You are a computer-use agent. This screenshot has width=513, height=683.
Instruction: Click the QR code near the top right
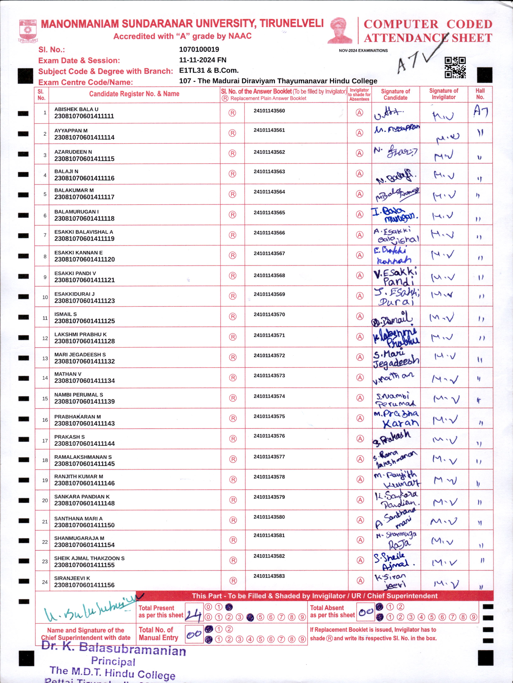[455, 68]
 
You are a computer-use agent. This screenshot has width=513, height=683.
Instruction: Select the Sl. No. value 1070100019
[199, 49]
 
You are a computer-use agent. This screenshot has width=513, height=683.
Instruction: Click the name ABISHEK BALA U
[76, 109]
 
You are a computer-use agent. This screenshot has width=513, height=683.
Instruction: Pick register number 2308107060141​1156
[84, 585]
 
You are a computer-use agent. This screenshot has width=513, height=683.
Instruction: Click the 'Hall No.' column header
[480, 94]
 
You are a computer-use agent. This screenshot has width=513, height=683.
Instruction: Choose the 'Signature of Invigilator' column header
[443, 94]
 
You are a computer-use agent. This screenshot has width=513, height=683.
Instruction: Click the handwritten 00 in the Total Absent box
[366, 612]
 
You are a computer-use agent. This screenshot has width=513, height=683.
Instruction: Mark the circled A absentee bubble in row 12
[360, 337]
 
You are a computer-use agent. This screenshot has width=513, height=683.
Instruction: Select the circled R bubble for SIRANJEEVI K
[233, 581]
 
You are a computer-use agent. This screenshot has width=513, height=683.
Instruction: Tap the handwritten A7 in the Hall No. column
[481, 112]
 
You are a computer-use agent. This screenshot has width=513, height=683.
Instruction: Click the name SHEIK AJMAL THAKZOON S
[89, 558]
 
